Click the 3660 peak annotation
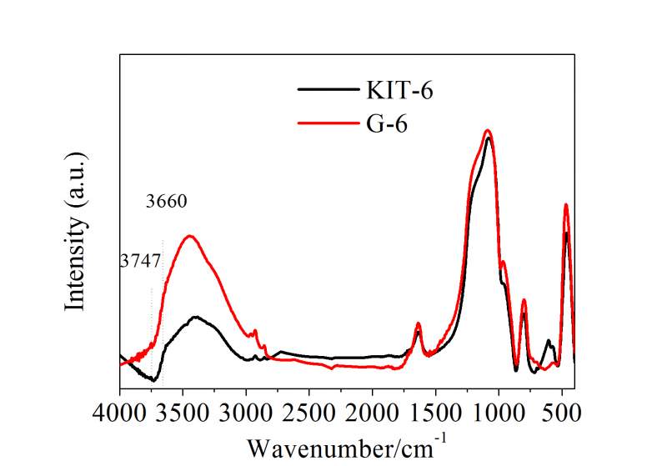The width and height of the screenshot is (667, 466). (166, 202)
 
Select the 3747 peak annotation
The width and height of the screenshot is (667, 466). (139, 261)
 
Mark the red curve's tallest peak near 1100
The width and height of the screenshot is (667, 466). (488, 130)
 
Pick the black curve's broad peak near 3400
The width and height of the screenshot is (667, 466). (197, 317)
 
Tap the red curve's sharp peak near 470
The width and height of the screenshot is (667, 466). (566, 204)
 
